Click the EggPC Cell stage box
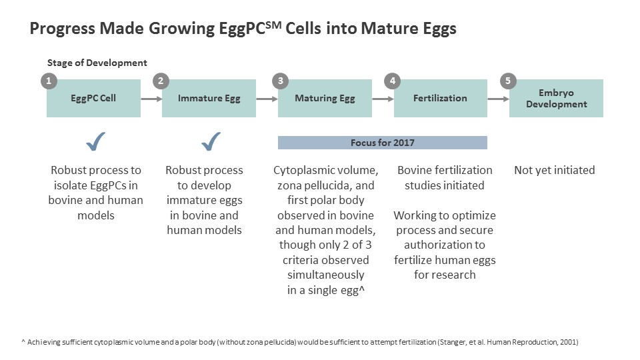click(x=93, y=99)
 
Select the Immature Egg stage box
click(x=209, y=99)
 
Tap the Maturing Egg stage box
click(x=325, y=99)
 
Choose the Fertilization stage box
click(x=440, y=99)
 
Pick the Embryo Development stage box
click(x=556, y=99)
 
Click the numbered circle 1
click(x=48, y=81)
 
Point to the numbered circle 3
click(x=281, y=81)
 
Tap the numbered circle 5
click(x=509, y=81)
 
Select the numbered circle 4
click(x=393, y=81)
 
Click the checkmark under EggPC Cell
click(x=96, y=141)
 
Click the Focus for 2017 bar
click(x=382, y=143)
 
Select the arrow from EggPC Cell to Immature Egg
click(x=151, y=99)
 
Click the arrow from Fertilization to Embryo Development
click(x=498, y=99)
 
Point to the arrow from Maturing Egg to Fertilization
click(x=383, y=99)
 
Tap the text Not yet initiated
click(x=554, y=171)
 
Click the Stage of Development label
click(x=97, y=63)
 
